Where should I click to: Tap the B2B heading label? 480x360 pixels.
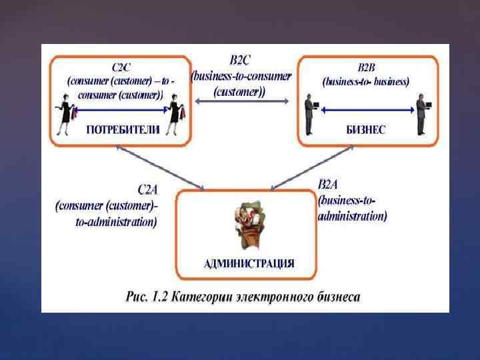point(366,67)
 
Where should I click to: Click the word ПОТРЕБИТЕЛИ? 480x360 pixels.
point(123,130)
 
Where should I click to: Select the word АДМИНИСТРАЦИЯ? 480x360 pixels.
point(249,263)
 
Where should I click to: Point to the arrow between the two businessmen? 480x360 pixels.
point(366,107)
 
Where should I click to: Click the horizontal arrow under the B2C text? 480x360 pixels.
point(241,101)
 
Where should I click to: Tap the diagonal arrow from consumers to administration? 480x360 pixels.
point(171,167)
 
